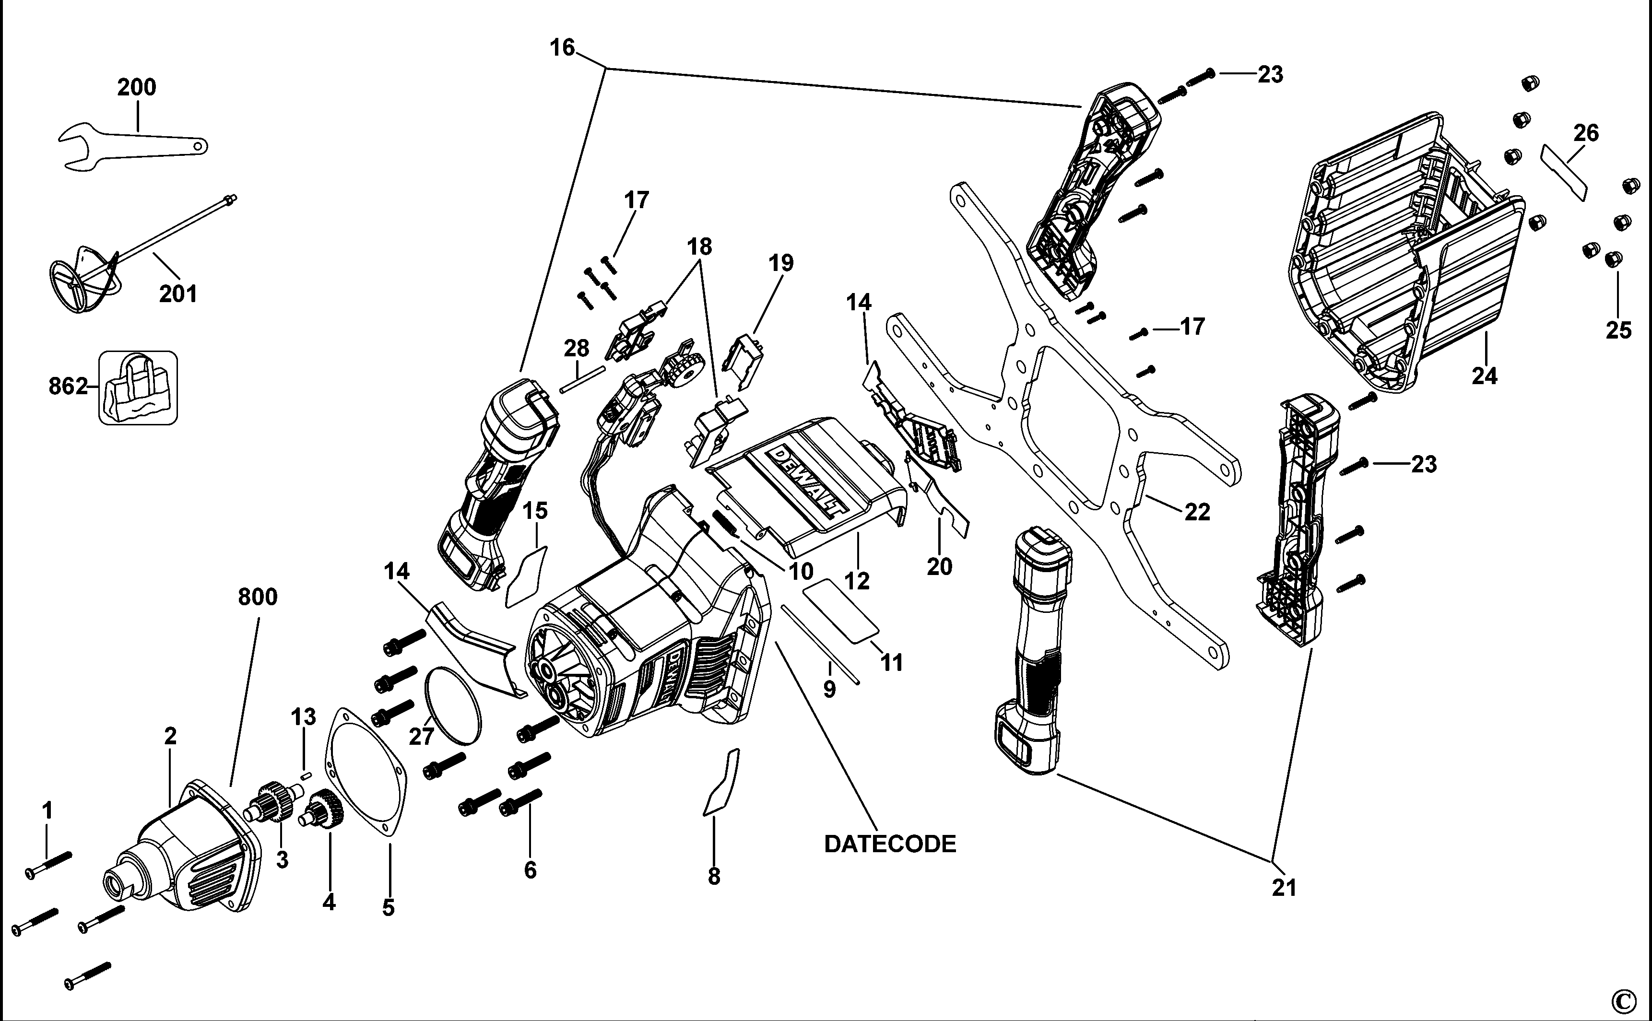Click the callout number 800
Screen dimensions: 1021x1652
pyautogui.click(x=257, y=597)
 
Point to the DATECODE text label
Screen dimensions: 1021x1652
pyautogui.click(x=889, y=844)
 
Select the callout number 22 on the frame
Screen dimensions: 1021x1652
pyautogui.click(x=1197, y=512)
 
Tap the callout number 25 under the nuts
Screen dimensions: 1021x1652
pyautogui.click(x=1618, y=330)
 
